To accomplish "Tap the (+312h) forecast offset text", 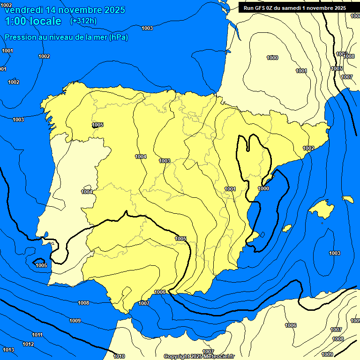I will pos(83,21).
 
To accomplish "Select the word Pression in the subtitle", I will pos(20,37).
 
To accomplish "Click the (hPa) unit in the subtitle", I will pos(118,37).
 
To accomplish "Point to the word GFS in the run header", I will pos(260,7).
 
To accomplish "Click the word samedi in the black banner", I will pos(292,7).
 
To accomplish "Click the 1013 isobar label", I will pos(8,350).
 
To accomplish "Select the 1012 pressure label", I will pos(28,344).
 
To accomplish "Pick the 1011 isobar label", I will pos(37,335).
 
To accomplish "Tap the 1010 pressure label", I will pos(119,356).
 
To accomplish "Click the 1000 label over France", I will pos(272,58).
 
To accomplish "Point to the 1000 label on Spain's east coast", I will pos(263,188).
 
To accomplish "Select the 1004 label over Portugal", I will pos(87,192).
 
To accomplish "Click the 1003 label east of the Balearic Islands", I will pos(334,253).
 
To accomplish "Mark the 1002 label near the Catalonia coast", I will pos(308,148).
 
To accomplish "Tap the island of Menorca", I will pos(347,199).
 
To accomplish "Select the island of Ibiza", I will pos(286,228).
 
